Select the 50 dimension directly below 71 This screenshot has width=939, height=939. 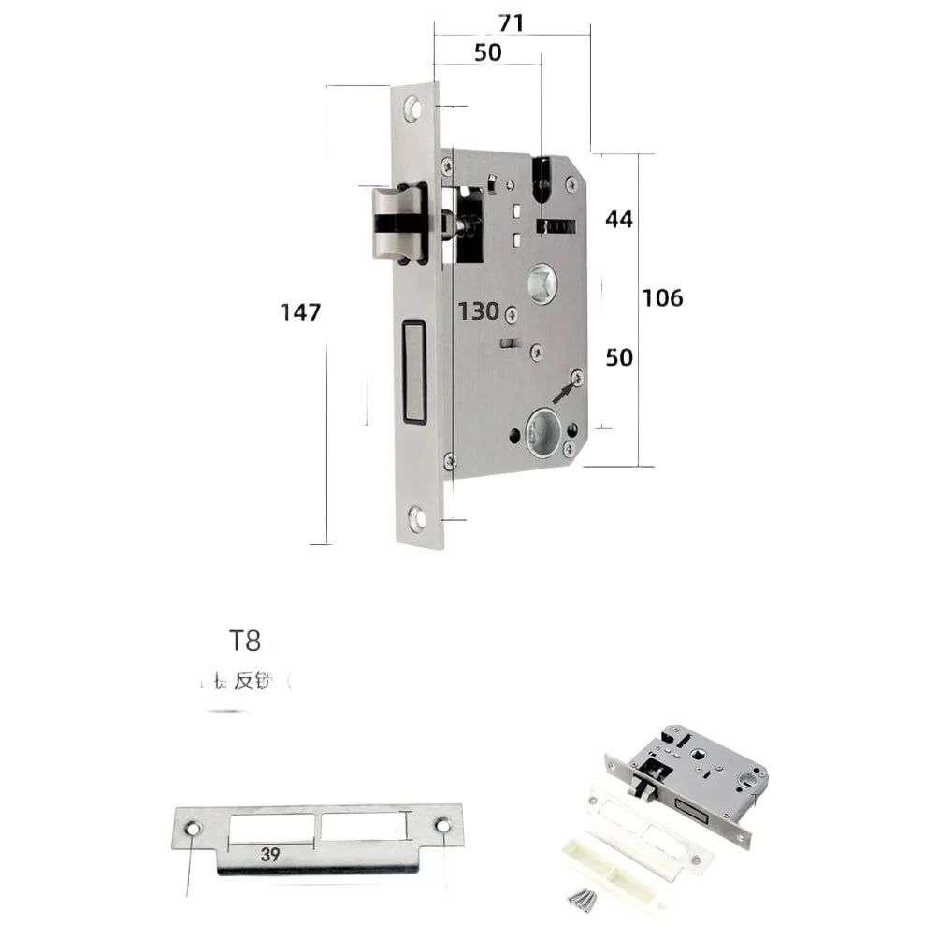487,53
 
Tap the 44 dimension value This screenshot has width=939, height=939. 618,220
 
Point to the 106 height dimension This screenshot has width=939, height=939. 662,298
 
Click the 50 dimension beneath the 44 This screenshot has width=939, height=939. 618,357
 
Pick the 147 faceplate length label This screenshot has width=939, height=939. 300,312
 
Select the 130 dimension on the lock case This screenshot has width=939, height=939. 477,311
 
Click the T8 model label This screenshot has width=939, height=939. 244,641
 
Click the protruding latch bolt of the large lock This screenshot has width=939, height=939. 395,224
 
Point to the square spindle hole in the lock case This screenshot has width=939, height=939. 541,282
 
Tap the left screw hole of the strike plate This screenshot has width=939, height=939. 193,829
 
